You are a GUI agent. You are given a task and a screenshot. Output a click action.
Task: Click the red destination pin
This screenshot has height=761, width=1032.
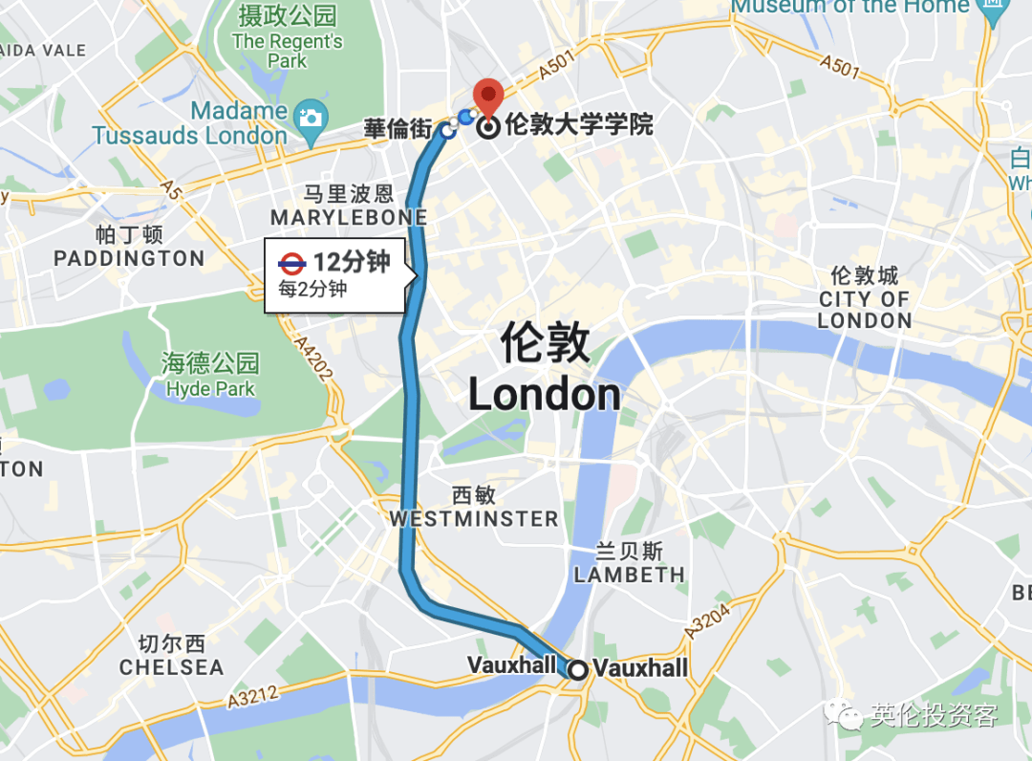click(489, 97)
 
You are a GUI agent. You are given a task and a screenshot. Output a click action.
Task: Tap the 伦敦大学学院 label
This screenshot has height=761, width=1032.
click(579, 125)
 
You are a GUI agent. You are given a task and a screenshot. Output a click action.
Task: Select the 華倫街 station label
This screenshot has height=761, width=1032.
click(398, 129)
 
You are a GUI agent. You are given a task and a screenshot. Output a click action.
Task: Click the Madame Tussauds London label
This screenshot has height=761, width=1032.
click(190, 123)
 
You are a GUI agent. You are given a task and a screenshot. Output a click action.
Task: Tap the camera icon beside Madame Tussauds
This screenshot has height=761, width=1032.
click(311, 118)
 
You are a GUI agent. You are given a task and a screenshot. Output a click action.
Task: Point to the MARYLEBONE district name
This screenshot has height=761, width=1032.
click(348, 218)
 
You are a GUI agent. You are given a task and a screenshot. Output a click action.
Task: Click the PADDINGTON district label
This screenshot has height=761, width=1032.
click(129, 258)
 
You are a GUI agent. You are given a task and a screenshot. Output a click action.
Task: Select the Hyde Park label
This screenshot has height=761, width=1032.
click(210, 388)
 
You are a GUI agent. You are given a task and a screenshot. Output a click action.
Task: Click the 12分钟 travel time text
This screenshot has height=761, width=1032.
click(352, 262)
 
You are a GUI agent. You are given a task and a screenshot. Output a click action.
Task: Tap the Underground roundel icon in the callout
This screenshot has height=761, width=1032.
click(291, 263)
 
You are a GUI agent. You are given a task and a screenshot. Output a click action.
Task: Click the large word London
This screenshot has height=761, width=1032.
click(545, 394)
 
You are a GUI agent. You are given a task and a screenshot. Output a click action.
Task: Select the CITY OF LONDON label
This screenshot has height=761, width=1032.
click(865, 310)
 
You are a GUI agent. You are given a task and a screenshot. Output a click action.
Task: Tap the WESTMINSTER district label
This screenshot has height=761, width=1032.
click(474, 518)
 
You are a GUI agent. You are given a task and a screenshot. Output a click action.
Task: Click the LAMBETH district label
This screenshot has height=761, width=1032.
click(629, 574)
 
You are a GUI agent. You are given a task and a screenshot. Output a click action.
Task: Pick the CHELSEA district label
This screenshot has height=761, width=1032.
click(171, 666)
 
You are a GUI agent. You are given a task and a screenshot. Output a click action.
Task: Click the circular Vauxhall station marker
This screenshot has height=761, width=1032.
click(577, 669)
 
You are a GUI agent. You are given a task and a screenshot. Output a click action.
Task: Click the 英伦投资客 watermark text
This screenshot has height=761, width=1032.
click(934, 715)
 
